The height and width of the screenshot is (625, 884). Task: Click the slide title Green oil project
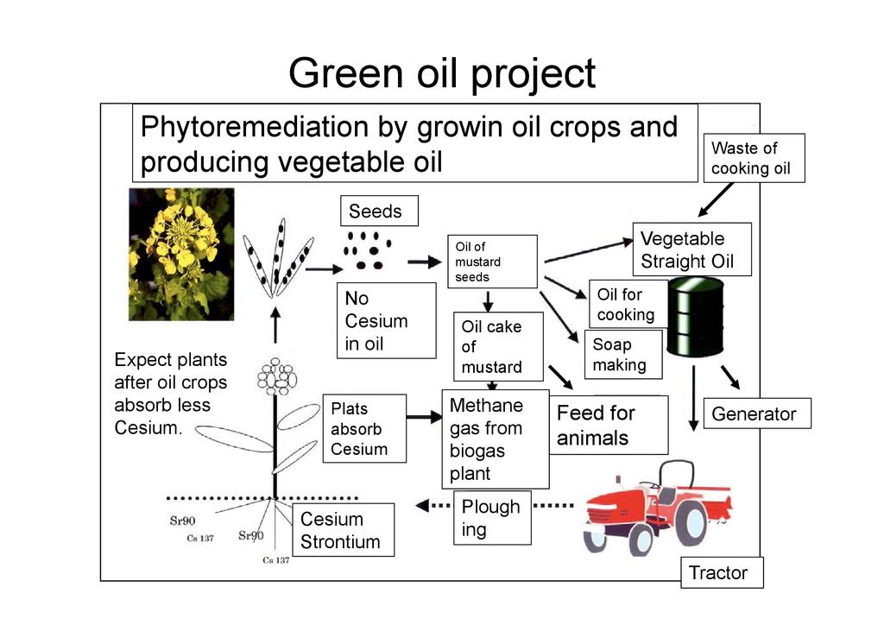point(441,73)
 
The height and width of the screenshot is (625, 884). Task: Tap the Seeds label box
point(375,211)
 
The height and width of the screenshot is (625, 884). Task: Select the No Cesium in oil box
point(385,320)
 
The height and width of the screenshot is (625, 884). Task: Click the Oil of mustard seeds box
point(491,262)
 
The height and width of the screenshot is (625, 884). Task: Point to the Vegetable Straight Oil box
point(692,249)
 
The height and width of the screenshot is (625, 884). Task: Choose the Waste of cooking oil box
point(754,158)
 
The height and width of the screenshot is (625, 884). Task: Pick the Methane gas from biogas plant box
point(496,439)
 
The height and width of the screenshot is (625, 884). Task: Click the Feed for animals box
point(609,425)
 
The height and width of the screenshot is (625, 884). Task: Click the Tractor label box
point(722,572)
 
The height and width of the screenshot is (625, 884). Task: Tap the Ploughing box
point(491,518)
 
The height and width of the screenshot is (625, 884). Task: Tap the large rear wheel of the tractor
point(691,523)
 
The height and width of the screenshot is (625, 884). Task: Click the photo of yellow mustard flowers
point(180,254)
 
